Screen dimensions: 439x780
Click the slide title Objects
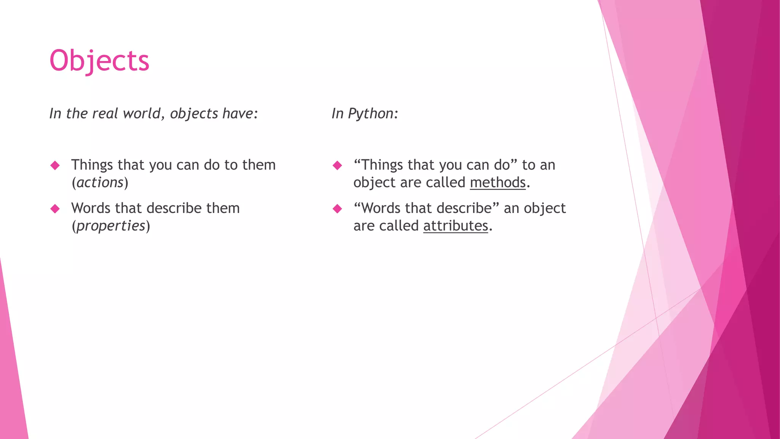click(x=99, y=61)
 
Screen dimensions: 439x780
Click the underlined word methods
click(x=497, y=183)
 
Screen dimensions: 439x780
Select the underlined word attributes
click(x=456, y=226)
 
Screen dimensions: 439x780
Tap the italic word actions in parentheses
click(x=100, y=183)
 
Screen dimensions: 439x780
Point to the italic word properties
click(x=111, y=226)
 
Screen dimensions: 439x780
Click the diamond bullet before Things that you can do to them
click(x=55, y=165)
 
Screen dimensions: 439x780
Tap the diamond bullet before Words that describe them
click(x=55, y=209)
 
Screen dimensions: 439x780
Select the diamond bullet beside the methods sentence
click(x=337, y=165)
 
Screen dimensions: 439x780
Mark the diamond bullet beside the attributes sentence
click(x=337, y=209)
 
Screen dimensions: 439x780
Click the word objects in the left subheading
click(x=194, y=114)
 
